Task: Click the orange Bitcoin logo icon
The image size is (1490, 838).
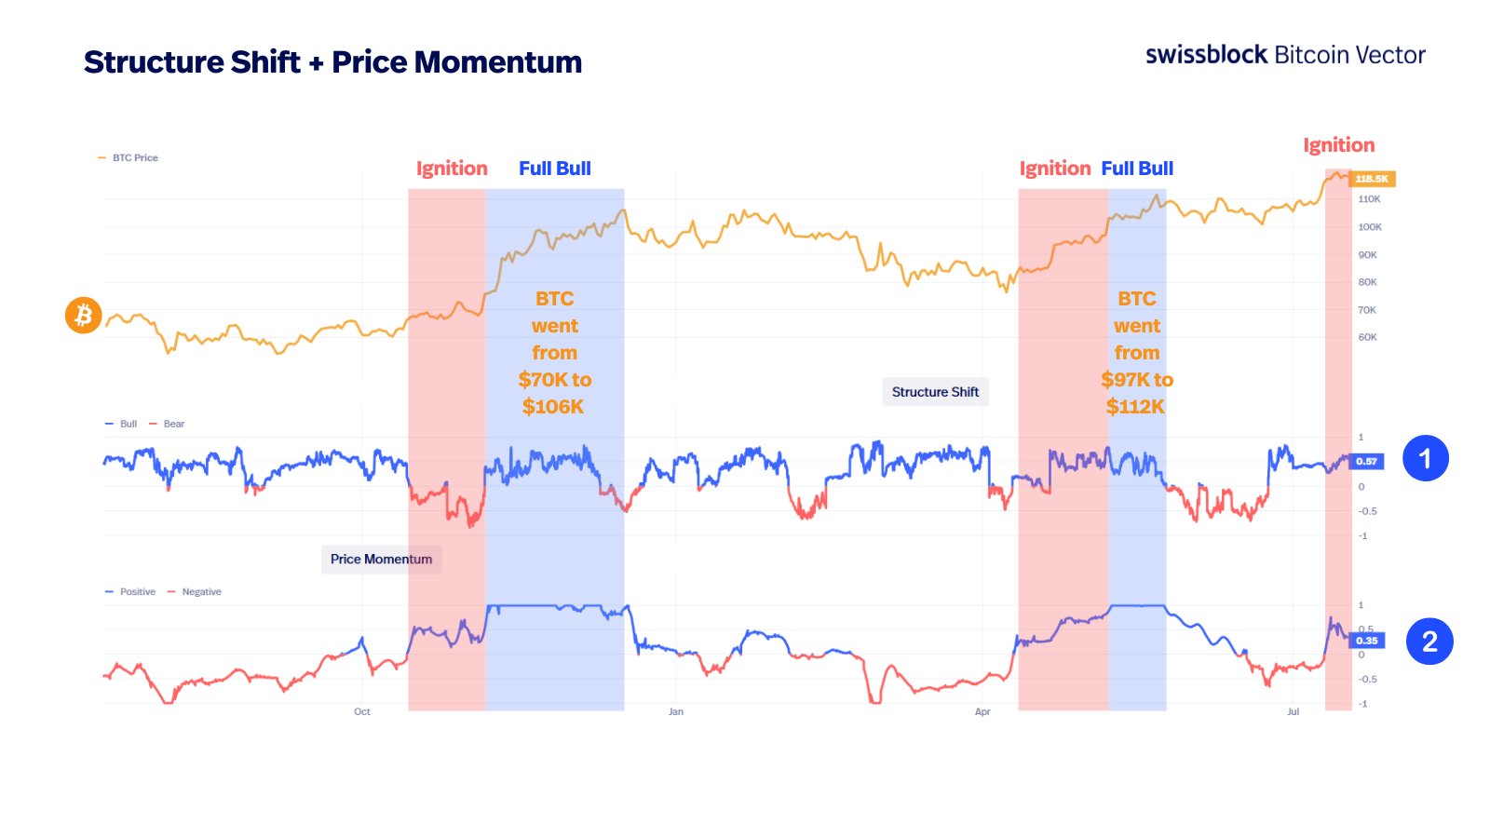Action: [83, 316]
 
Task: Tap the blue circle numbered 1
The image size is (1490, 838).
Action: [1425, 458]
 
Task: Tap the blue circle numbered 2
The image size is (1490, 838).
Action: [1429, 642]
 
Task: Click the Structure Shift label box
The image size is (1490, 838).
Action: [935, 392]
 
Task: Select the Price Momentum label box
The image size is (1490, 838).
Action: [381, 559]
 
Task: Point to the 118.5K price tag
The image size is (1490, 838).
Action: [1372, 179]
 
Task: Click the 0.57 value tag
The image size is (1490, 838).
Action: [1366, 461]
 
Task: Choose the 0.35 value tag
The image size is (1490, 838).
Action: [1366, 641]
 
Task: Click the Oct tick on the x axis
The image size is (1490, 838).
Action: [362, 711]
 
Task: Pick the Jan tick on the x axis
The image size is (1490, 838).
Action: [676, 711]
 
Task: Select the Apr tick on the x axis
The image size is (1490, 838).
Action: [982, 711]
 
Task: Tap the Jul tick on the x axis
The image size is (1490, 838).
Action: [1293, 711]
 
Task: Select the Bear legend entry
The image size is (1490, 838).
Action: [173, 424]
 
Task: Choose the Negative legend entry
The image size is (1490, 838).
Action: [201, 592]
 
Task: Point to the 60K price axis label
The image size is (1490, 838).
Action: [1367, 337]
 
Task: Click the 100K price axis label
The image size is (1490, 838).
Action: [1370, 227]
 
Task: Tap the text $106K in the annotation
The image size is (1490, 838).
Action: [553, 407]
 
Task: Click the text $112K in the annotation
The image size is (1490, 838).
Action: [1135, 407]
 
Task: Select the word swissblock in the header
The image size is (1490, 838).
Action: [1206, 55]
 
